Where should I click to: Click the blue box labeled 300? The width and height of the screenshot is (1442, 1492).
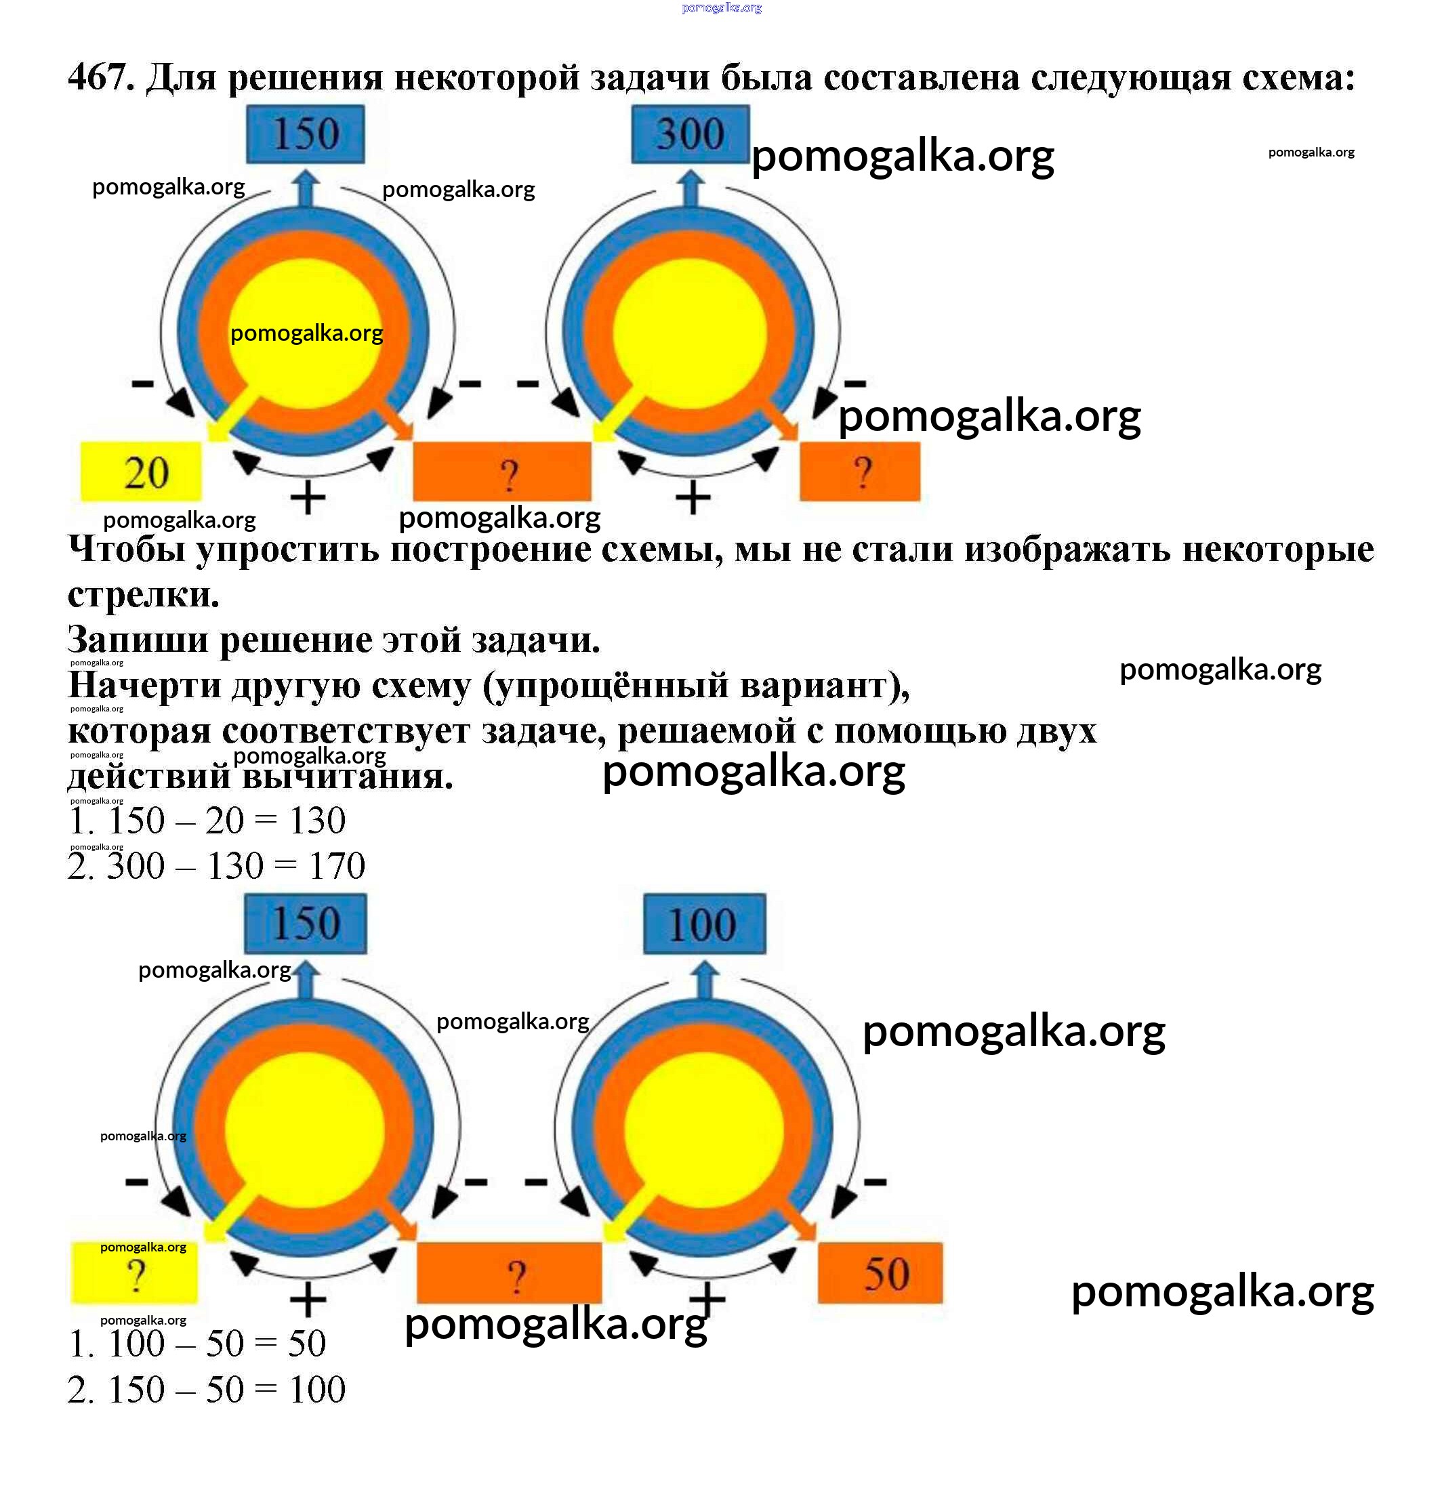[690, 134]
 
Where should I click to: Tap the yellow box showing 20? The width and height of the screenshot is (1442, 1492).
[142, 472]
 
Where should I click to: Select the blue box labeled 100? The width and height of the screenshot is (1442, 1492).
[704, 924]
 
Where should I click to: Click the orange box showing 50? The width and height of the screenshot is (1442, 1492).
[880, 1274]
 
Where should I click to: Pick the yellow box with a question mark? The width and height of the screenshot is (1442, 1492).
[135, 1274]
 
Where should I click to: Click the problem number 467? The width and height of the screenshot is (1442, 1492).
[100, 77]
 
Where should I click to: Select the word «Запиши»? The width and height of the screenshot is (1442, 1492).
[138, 640]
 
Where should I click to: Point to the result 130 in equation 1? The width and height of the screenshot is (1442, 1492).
[316, 820]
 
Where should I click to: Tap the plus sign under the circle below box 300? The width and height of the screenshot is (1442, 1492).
[693, 499]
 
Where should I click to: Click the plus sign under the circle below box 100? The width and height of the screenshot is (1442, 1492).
[707, 1300]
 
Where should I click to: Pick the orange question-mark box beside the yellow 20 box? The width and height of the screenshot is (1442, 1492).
[501, 472]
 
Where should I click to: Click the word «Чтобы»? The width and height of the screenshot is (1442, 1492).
[127, 549]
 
